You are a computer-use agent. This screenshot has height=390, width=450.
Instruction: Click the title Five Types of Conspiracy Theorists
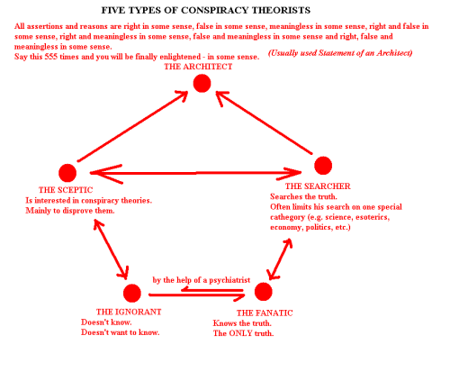coord(206,10)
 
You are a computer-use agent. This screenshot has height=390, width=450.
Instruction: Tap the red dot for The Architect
coord(202,83)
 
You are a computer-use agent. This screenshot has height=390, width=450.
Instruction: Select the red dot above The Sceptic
coord(67,173)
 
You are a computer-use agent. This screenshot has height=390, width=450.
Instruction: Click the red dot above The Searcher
coord(323,166)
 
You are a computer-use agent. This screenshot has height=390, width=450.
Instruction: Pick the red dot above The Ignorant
coord(132,293)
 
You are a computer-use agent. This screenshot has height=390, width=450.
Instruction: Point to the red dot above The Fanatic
coord(264,292)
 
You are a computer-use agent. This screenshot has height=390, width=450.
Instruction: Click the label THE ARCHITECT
coord(198,67)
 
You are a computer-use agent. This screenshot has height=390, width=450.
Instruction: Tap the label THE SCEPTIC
coord(66,190)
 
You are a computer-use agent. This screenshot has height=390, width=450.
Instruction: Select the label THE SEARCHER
coord(318,186)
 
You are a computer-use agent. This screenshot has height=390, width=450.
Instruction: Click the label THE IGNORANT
coord(129,312)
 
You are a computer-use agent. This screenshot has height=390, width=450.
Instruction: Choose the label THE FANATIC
coord(265,313)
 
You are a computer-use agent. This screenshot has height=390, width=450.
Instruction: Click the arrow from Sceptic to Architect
coord(133,126)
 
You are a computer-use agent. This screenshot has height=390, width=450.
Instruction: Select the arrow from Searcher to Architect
coord(264,123)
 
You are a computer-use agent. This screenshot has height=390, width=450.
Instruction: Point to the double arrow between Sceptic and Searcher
coord(195,173)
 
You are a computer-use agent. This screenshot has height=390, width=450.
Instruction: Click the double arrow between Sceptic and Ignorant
coord(112,249)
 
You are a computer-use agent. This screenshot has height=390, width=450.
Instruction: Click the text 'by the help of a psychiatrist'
coord(202,280)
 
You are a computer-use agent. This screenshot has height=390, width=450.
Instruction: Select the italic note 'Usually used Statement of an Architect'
coord(340,53)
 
